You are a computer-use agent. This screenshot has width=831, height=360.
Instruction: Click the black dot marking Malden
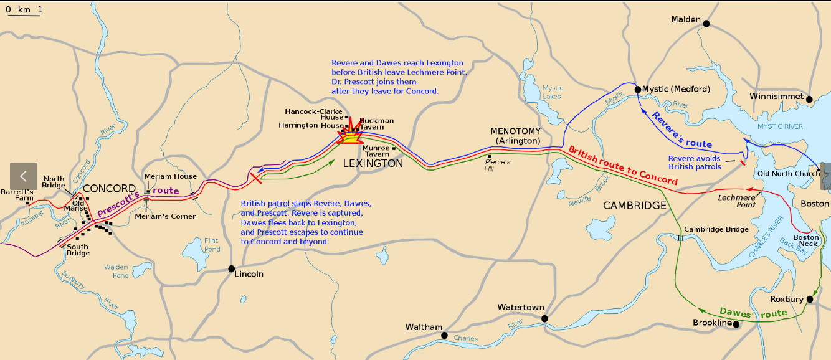click(706, 24)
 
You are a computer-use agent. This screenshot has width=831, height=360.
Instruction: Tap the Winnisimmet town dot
click(809, 99)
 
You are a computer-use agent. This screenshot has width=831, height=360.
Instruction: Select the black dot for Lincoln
click(231, 269)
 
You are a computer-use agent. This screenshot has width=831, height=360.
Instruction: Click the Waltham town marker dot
click(444, 335)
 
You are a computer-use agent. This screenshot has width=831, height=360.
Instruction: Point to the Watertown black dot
click(544, 318)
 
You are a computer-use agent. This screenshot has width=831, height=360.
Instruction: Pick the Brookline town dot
click(736, 324)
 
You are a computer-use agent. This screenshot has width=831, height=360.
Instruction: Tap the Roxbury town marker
click(810, 300)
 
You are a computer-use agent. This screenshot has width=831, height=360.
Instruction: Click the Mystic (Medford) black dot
click(637, 90)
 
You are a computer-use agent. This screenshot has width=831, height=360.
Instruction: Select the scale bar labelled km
click(24, 12)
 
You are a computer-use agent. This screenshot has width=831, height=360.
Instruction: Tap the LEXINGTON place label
click(373, 163)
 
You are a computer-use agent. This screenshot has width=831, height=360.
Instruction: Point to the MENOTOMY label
click(516, 131)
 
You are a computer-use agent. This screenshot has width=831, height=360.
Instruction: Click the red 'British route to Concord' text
click(623, 166)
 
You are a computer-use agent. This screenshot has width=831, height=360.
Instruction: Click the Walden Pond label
click(116, 271)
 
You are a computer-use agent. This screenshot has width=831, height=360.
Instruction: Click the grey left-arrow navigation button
click(24, 176)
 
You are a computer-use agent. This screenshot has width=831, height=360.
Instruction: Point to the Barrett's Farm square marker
click(27, 204)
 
